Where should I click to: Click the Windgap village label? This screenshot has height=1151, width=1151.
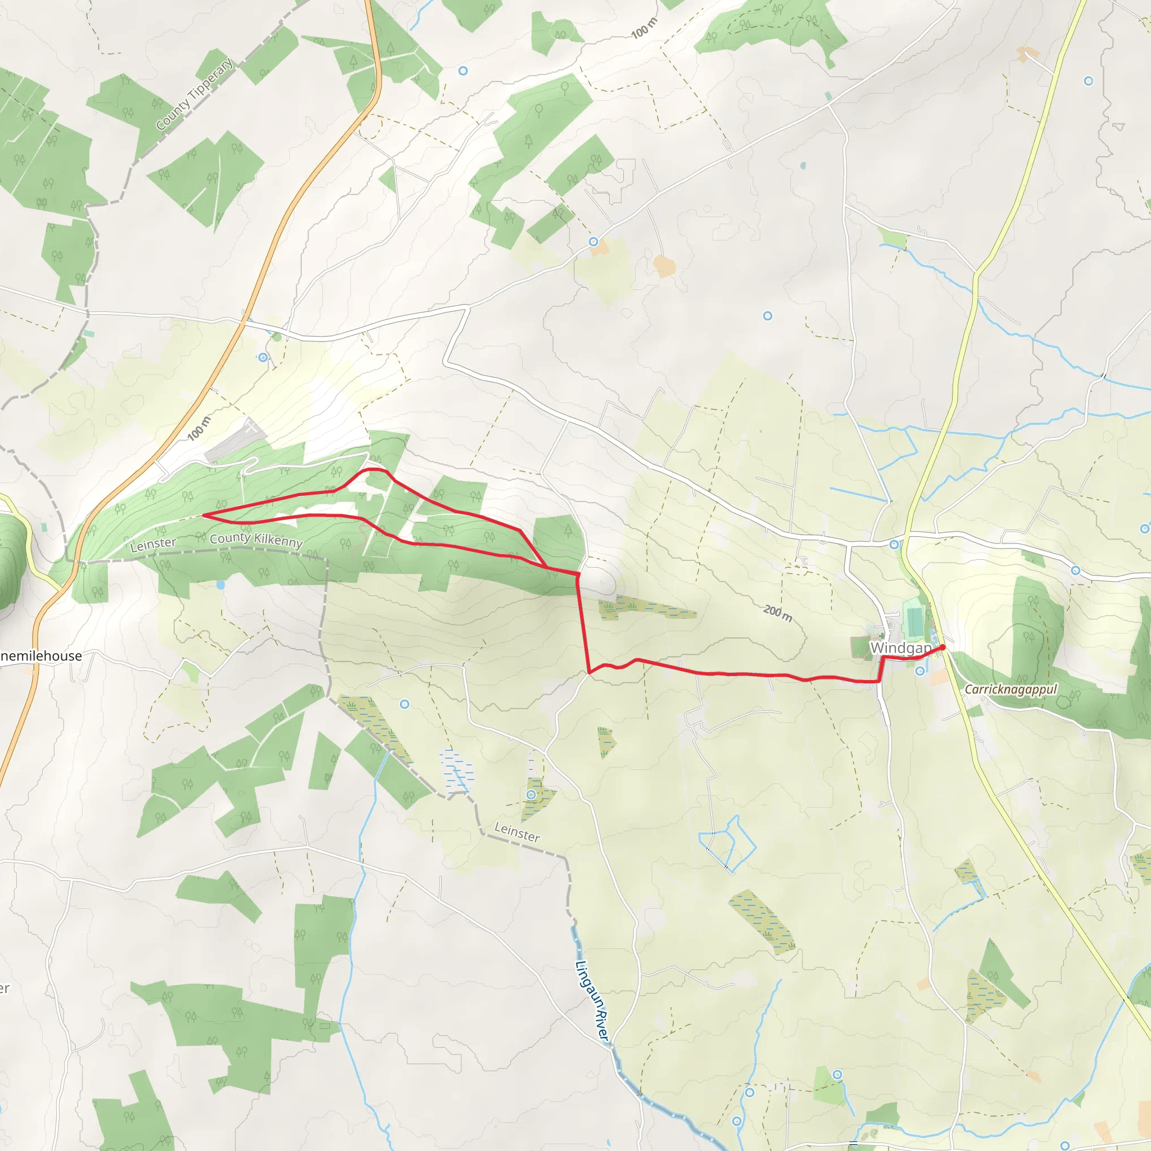[x=900, y=647]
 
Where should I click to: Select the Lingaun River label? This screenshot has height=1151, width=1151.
[x=593, y=1001]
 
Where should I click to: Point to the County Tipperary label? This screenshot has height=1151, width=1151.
[x=194, y=94]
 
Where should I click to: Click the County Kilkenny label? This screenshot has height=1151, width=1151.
[x=256, y=539]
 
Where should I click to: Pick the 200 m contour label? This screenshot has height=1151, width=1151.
[x=777, y=613]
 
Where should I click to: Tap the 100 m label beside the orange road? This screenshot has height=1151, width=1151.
[x=199, y=429]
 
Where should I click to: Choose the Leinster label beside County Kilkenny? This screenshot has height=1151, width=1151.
[x=153, y=543]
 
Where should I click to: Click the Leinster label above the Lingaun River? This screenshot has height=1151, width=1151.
[x=517, y=832]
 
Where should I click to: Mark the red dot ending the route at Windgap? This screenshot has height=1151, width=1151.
[x=942, y=647]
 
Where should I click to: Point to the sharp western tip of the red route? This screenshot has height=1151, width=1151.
[x=204, y=515]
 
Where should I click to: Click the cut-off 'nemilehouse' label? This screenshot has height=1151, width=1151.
[x=40, y=656]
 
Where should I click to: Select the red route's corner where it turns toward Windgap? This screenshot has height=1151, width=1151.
[x=589, y=673]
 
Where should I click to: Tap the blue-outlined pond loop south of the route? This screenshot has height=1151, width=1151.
[x=728, y=845]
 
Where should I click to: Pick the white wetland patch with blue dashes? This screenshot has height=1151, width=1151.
[x=457, y=771]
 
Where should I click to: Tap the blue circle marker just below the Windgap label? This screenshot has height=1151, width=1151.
[x=921, y=671]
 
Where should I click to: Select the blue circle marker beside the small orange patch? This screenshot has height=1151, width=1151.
[x=593, y=241]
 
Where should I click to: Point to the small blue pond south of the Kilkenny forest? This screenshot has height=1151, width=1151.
[x=221, y=585]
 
